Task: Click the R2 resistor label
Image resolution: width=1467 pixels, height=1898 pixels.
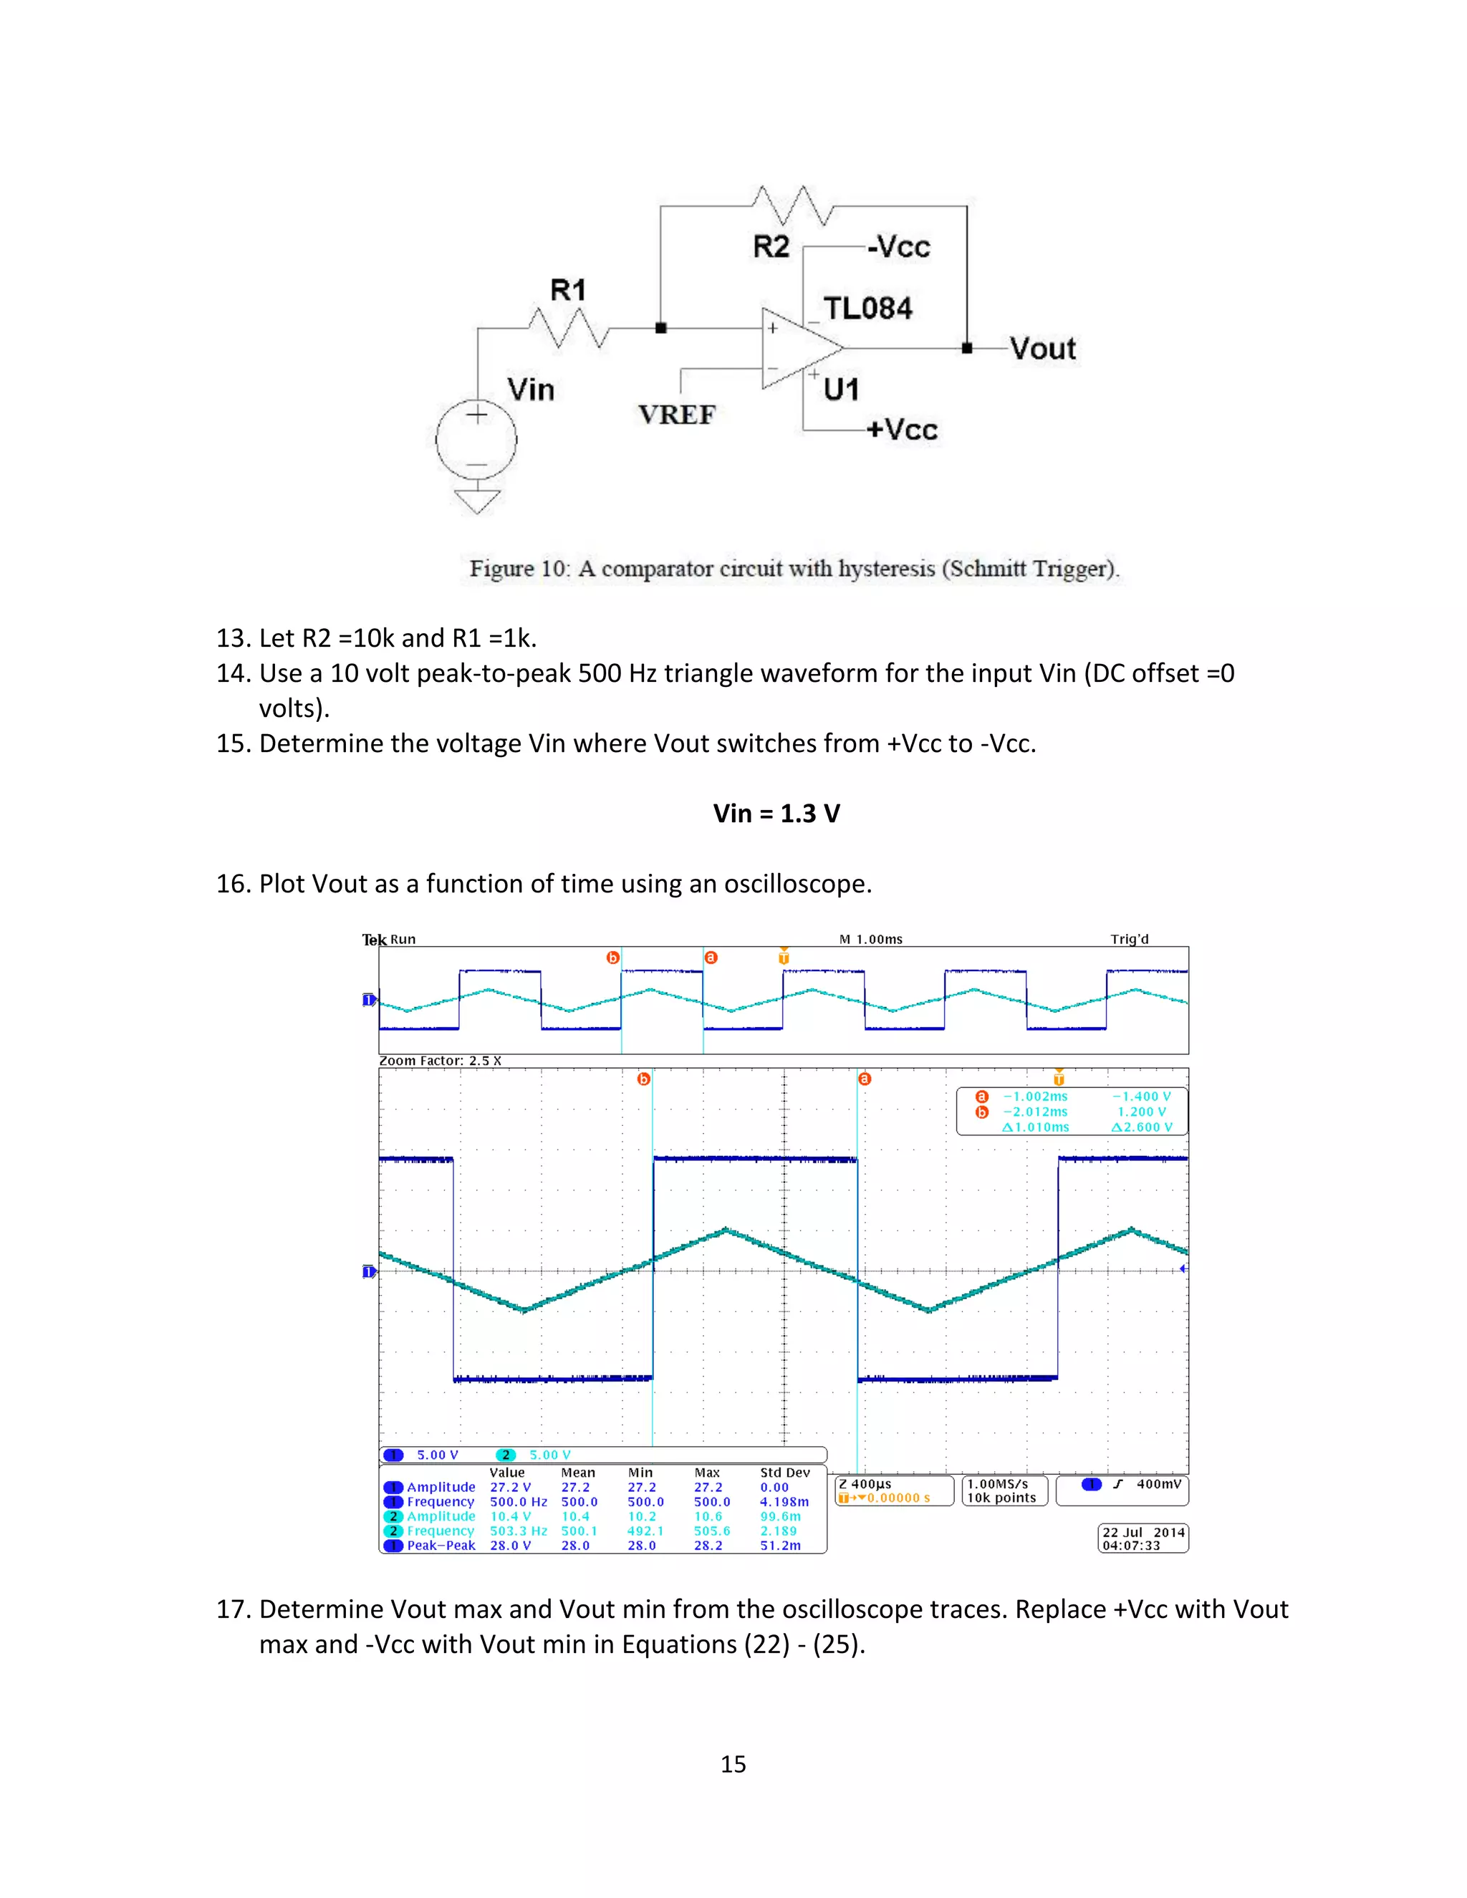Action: [x=771, y=247]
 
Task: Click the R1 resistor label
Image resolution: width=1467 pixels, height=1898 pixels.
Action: [x=568, y=290]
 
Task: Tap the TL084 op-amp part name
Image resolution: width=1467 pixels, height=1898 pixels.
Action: [x=868, y=309]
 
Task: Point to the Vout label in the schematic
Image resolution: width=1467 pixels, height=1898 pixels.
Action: [x=1043, y=350]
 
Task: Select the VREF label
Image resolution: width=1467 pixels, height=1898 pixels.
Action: [x=677, y=415]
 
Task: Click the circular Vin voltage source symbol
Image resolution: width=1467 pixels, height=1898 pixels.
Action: [x=476, y=440]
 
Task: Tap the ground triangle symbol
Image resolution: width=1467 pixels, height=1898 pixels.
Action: [x=477, y=501]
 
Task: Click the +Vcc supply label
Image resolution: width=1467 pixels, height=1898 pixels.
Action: [x=902, y=429]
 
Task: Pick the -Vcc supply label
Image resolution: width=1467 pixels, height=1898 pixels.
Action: [x=899, y=247]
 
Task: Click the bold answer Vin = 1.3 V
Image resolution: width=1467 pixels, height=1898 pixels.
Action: [x=776, y=814]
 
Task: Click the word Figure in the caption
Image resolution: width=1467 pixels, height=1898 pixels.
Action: [x=501, y=569]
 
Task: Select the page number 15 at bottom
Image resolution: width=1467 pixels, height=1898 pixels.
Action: [x=733, y=1763]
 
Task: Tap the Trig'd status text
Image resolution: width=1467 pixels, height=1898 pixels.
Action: [x=1129, y=940]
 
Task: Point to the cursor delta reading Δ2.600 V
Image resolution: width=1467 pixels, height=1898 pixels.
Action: [x=1142, y=1127]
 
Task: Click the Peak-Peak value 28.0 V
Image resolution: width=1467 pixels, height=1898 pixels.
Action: [x=510, y=1545]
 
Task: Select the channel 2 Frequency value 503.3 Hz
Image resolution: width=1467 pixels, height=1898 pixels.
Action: [x=518, y=1531]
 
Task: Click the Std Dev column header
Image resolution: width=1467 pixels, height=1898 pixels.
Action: [x=785, y=1472]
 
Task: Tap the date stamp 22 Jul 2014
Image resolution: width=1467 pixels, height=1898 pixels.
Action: [x=1144, y=1532]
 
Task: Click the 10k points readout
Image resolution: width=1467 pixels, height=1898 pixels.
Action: [x=1001, y=1498]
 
